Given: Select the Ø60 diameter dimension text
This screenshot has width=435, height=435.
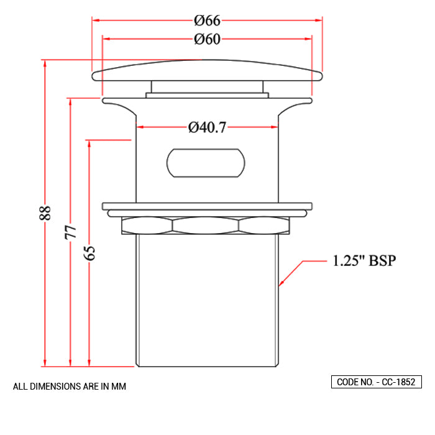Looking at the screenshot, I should pos(207,39).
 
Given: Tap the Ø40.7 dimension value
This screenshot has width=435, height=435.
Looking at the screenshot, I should pos(207,127).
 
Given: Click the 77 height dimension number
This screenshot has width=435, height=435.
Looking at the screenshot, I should pos(70,232).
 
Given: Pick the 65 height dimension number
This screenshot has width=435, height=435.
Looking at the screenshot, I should pos(89,253).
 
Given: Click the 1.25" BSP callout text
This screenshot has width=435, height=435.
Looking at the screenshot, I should pos(364,260).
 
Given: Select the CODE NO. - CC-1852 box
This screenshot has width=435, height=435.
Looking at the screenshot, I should pos(377,382).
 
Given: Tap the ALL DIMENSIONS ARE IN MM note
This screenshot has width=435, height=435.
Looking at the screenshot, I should pos(70,387).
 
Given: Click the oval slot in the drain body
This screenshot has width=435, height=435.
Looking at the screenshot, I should pos(206,162).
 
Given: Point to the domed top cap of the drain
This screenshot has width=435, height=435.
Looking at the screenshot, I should pos(207,70).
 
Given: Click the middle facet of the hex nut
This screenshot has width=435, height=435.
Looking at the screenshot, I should pos(206,225).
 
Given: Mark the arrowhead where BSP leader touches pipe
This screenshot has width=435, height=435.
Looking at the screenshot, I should pos(282,284).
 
